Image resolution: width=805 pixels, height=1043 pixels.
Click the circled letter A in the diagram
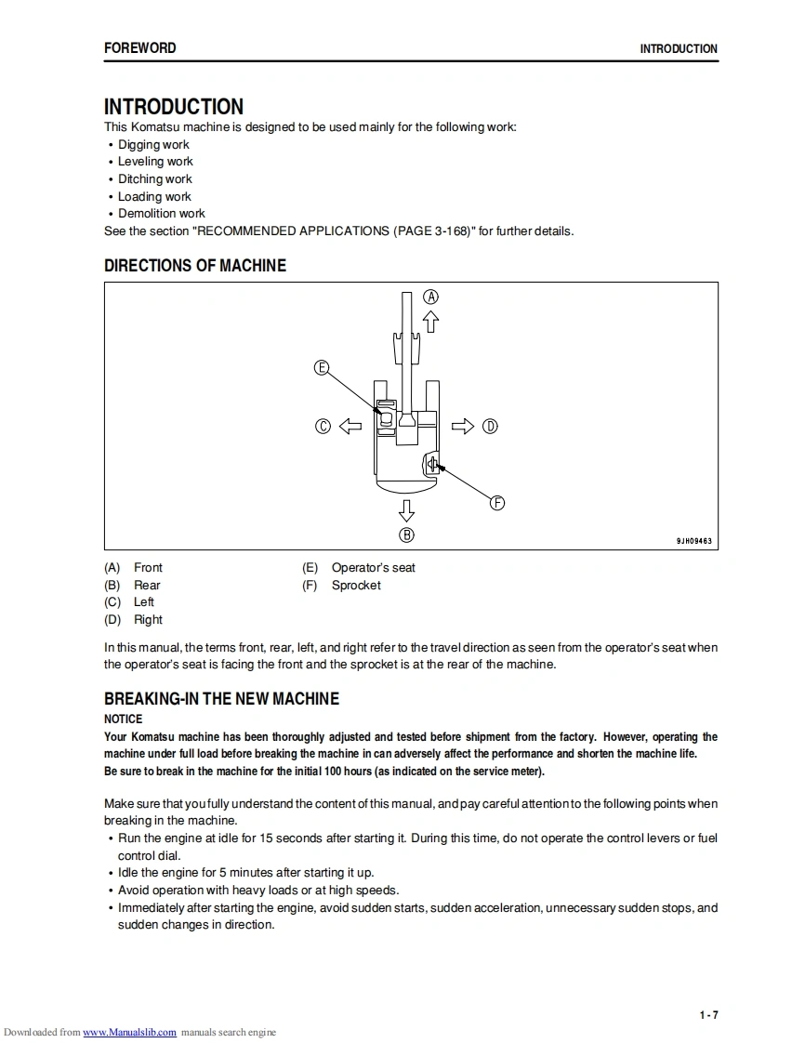430,297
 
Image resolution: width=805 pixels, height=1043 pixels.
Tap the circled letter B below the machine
406,535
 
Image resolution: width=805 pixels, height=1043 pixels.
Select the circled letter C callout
323,427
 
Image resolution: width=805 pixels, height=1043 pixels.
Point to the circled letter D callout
490,427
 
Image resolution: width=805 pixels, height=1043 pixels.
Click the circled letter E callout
322,367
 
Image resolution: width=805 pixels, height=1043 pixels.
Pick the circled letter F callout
497,503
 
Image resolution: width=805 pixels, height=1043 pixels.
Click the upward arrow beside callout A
430,321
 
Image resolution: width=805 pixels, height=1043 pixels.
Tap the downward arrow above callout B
406,509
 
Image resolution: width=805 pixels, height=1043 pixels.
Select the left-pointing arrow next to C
350,427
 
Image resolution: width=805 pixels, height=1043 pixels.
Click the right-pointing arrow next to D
462,427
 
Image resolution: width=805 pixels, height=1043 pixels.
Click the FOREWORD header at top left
139,48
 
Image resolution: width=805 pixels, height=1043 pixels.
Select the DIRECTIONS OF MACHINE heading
195,266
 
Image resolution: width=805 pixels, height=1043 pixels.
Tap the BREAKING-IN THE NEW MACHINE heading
221,699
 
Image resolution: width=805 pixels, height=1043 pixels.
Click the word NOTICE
124,720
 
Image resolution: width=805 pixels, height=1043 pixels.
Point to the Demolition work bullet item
162,214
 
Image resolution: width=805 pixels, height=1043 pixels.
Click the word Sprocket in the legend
356,586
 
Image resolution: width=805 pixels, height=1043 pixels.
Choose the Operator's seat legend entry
373,568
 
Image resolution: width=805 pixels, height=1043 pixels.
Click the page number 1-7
708,1015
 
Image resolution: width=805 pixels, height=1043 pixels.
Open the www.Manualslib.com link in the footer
130,1033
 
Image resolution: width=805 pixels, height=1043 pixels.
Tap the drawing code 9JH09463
693,541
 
